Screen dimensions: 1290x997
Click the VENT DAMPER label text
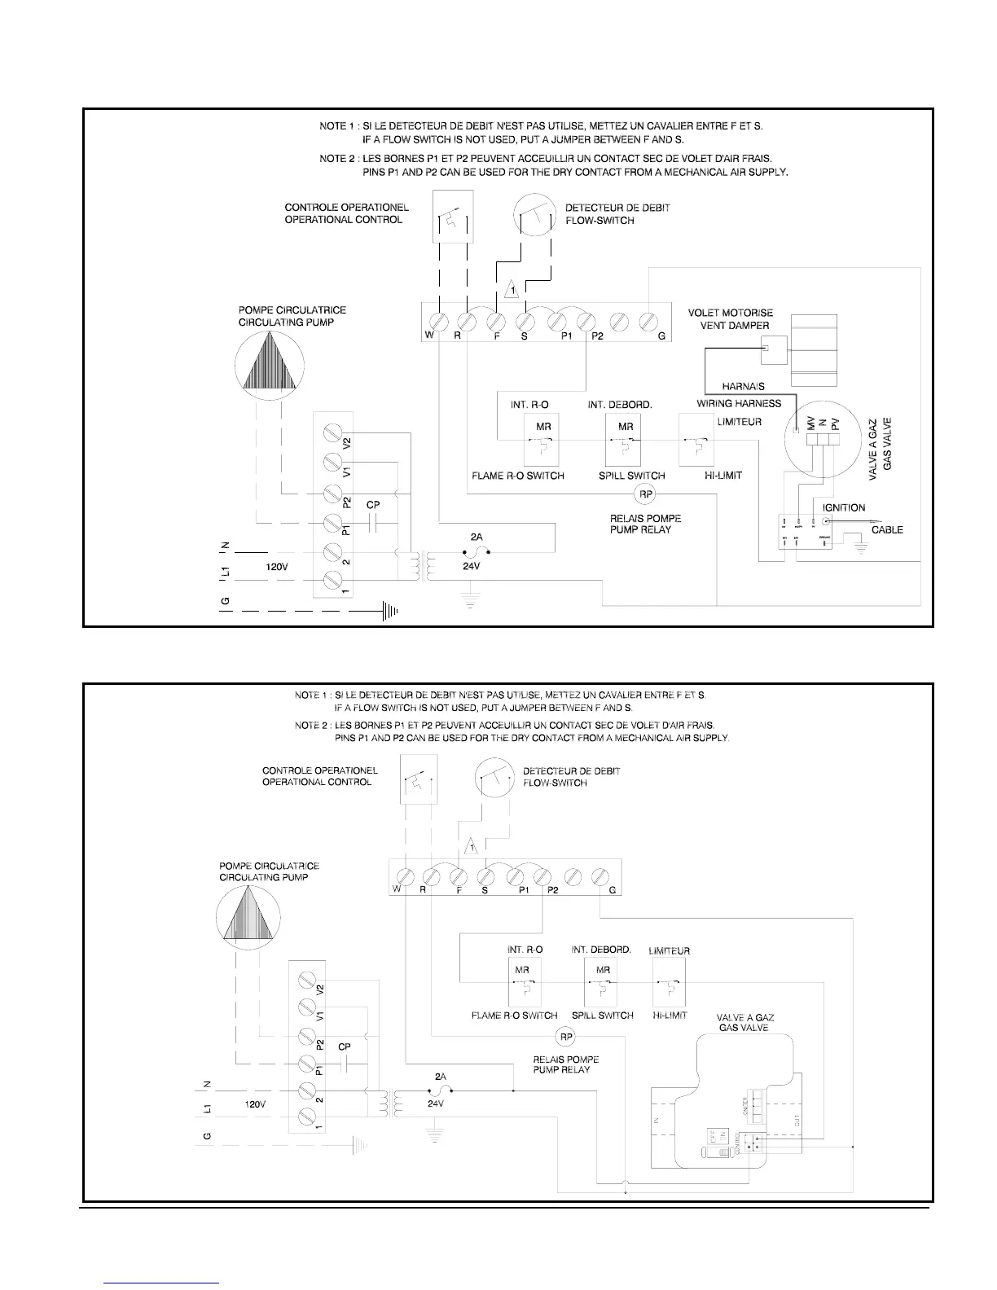735,326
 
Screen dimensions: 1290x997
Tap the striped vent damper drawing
815,350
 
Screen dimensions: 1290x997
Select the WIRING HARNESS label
739,403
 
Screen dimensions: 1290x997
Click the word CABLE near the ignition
887,529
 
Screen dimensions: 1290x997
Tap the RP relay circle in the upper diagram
643,494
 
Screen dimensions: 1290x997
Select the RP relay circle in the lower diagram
565,1037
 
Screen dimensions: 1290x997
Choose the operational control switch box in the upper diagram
453,217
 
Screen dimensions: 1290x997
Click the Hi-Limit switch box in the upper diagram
696,438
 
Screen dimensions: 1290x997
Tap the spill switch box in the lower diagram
603,983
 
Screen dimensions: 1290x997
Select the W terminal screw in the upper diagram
440,319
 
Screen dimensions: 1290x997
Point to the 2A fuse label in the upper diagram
477,537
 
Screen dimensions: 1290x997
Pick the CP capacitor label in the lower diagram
345,1046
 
